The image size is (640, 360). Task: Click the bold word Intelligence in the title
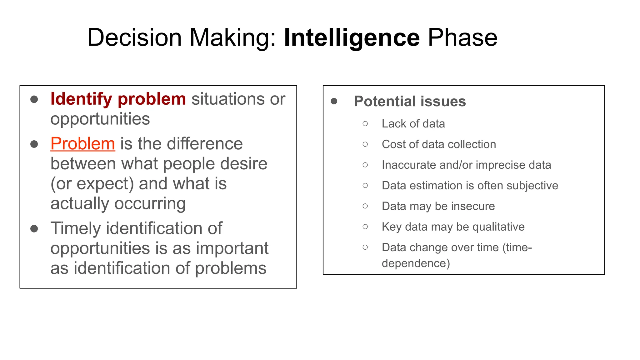point(352,38)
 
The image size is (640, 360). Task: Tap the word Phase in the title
point(462,38)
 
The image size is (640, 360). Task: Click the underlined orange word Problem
point(83,144)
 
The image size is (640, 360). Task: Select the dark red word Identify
point(81,99)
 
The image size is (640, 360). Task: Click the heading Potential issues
point(410,101)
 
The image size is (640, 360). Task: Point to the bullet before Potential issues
point(334,101)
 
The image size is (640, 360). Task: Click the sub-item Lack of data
point(413,124)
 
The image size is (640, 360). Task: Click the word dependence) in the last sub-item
point(416,263)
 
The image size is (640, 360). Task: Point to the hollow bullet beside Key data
point(365,227)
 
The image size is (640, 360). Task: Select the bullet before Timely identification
point(34,229)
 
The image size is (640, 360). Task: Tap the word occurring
point(150,204)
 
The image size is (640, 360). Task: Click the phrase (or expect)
point(92,184)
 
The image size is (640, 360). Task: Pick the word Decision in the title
point(134,38)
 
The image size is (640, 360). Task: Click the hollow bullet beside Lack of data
point(365,124)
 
